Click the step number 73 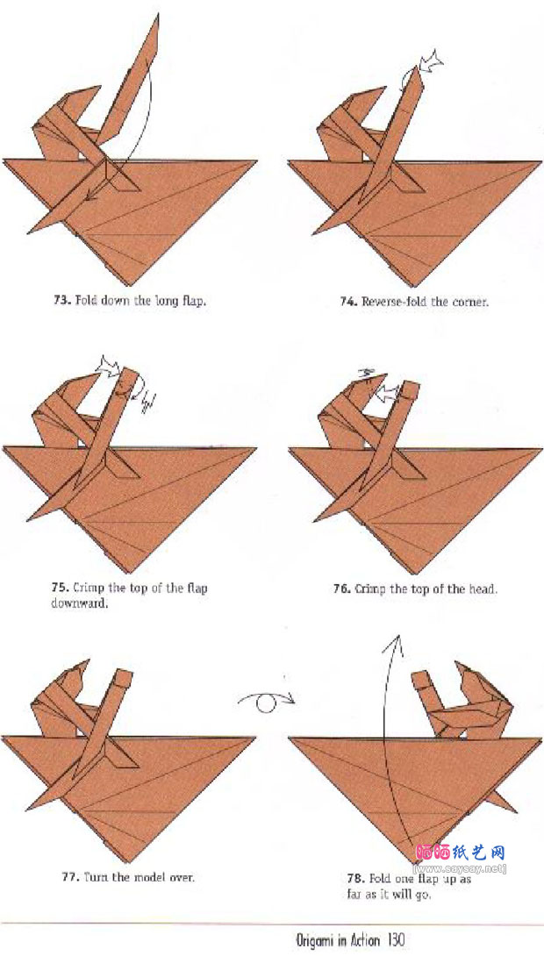(x=61, y=301)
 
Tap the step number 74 (x=347, y=301)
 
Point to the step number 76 (x=341, y=589)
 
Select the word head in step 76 (x=484, y=589)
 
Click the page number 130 (x=395, y=939)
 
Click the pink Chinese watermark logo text (x=460, y=852)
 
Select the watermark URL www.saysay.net (x=460, y=868)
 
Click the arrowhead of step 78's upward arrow (x=397, y=639)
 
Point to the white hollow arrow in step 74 (x=430, y=60)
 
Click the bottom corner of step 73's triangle (x=130, y=285)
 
